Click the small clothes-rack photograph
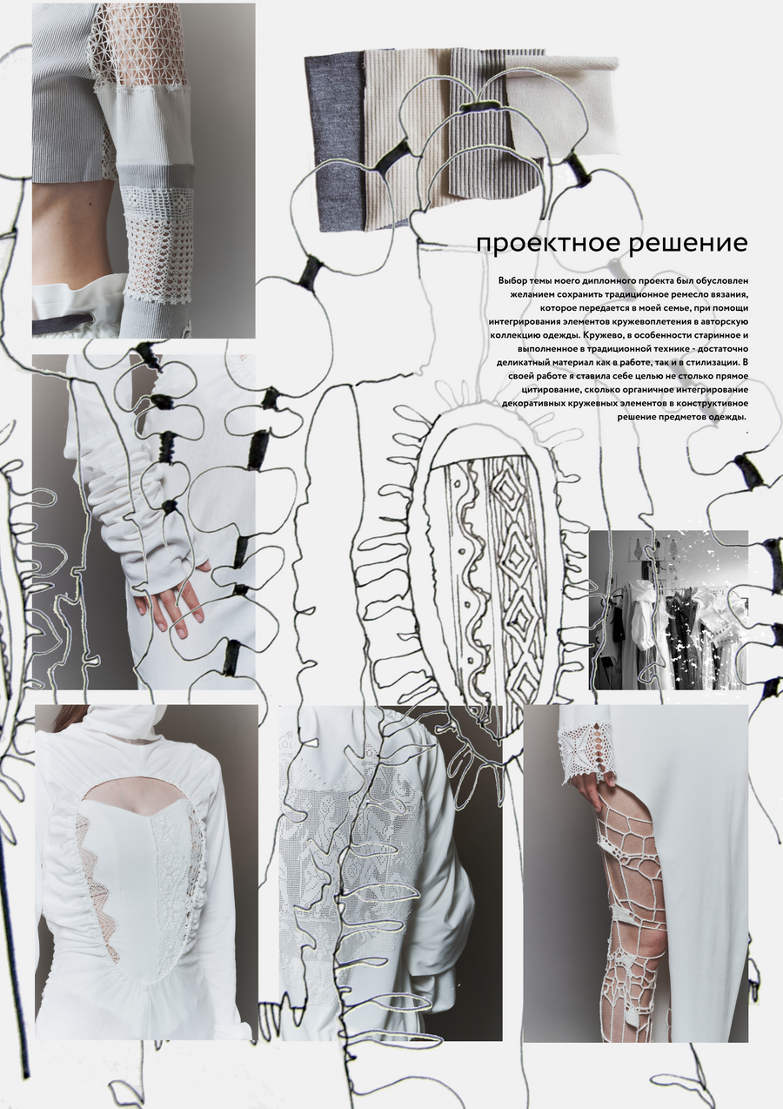coord(669,610)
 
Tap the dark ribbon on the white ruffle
coord(75,325)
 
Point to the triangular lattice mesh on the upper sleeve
coord(130,44)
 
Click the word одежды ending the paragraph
coord(730,417)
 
